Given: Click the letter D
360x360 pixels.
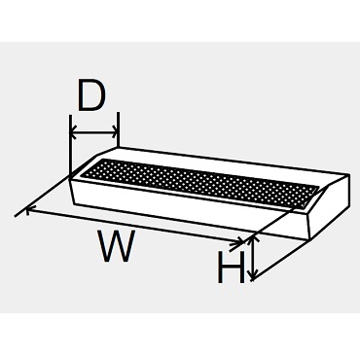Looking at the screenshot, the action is pyautogui.click(x=92, y=94).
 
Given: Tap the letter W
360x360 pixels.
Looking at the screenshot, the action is pyautogui.click(x=118, y=246).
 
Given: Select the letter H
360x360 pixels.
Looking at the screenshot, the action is pyautogui.click(x=232, y=268).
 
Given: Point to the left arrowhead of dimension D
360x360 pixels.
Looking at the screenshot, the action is pyautogui.click(x=74, y=132).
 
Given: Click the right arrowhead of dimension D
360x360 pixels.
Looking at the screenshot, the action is pyautogui.click(x=114, y=132).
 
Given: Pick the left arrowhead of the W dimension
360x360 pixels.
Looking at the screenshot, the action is pyautogui.click(x=30, y=211).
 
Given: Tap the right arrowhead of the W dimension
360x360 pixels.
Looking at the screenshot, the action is pyautogui.click(x=240, y=241).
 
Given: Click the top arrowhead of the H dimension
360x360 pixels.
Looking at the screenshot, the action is pyautogui.click(x=253, y=240).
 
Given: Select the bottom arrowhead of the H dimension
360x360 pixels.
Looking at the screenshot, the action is pyautogui.click(x=253, y=274).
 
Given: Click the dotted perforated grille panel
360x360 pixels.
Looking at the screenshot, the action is pyautogui.click(x=199, y=183).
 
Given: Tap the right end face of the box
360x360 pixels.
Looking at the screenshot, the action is pyautogui.click(x=328, y=207).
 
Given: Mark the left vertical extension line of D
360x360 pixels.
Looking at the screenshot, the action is pyautogui.click(x=70, y=146).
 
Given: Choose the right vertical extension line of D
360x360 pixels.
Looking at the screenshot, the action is pyautogui.click(x=119, y=129).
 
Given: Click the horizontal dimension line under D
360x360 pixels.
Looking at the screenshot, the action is pyautogui.click(x=94, y=132).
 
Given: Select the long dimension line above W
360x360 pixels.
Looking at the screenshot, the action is pyautogui.click(x=135, y=226).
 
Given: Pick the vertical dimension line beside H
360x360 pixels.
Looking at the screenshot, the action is pyautogui.click(x=253, y=258).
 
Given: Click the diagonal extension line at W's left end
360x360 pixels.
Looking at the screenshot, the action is pyautogui.click(x=43, y=197).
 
